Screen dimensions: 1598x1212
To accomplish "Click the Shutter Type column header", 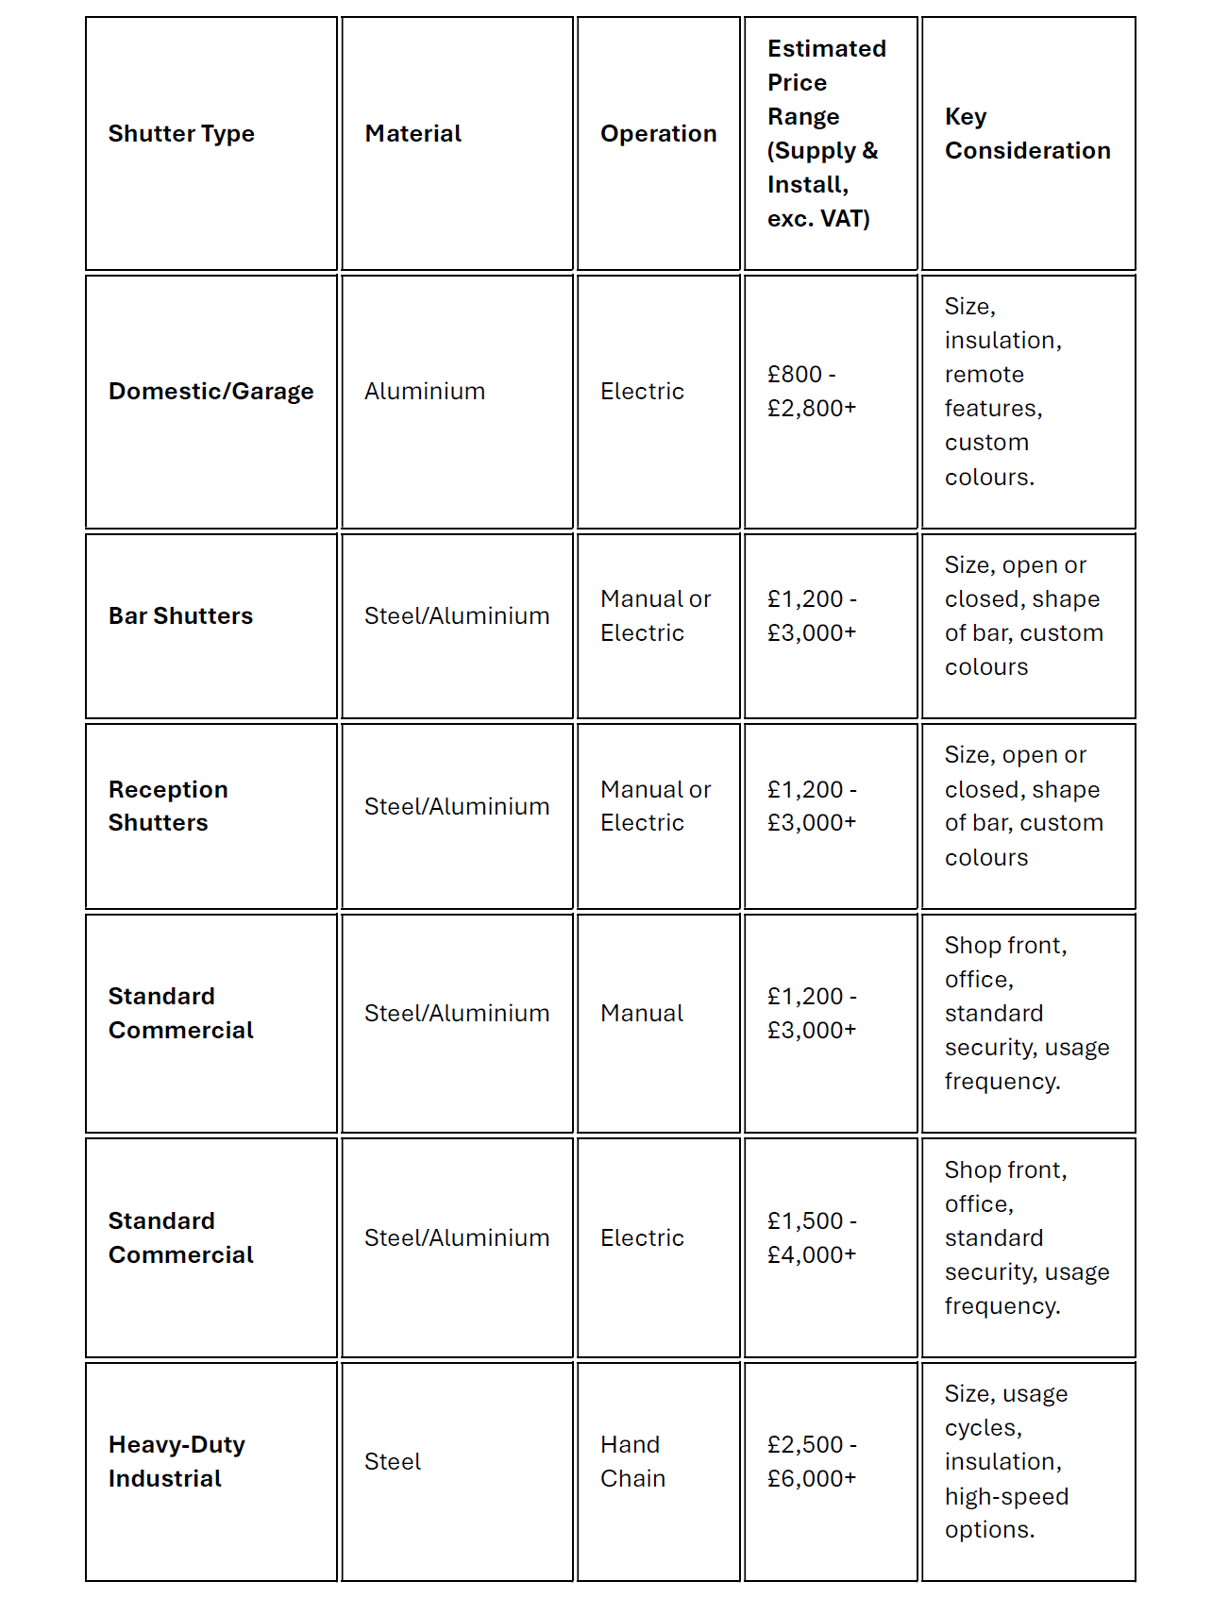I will click(181, 134).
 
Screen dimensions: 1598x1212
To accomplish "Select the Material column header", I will click(412, 134).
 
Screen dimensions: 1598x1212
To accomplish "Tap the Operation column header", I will click(658, 134).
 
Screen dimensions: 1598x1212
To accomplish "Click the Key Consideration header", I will click(1027, 134).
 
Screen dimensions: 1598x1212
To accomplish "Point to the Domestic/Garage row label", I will click(210, 392).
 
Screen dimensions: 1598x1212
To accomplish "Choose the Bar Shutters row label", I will click(180, 616).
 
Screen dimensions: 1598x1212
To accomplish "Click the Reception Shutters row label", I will click(168, 806).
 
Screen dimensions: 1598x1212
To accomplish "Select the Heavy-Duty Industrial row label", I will click(177, 1461).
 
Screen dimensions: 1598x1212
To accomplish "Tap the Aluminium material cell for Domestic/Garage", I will click(425, 392).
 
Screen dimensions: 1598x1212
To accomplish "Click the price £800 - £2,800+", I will click(812, 392).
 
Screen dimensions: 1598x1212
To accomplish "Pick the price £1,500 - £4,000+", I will click(812, 1237).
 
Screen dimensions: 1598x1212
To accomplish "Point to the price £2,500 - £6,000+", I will click(812, 1461).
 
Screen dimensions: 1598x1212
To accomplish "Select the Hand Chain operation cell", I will click(632, 1461).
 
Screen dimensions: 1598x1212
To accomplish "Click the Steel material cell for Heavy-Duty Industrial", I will click(393, 1462).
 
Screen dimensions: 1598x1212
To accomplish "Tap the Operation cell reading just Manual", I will click(642, 1014).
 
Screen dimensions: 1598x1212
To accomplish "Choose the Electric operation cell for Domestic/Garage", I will click(642, 392).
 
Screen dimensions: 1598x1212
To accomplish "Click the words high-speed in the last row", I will click(1006, 1497).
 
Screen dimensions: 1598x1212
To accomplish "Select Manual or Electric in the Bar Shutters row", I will click(655, 616).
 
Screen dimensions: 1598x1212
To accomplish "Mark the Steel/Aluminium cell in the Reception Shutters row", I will click(457, 807).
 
